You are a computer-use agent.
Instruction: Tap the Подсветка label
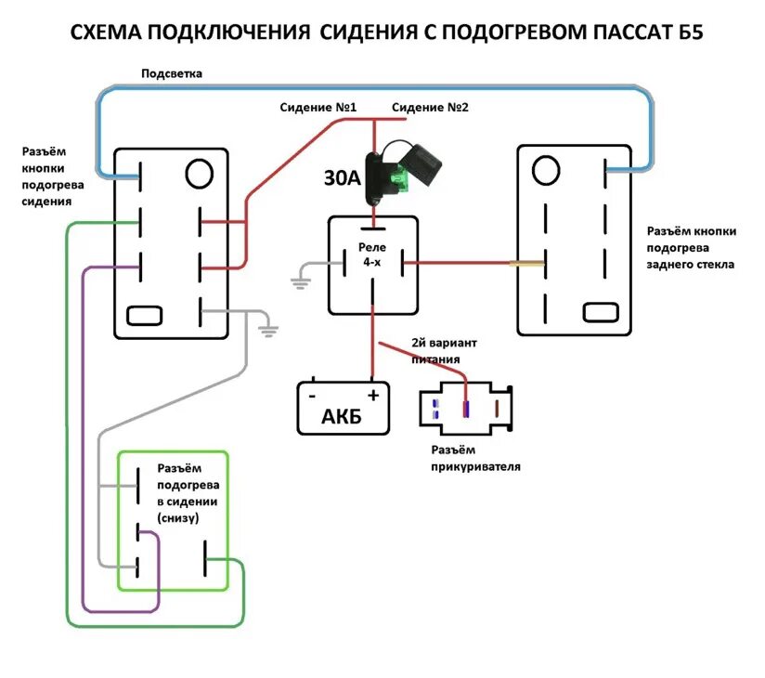[x=172, y=73]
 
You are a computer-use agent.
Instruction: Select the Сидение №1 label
[x=318, y=108]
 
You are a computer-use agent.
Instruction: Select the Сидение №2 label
[x=430, y=108]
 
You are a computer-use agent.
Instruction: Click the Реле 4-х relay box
[x=372, y=264]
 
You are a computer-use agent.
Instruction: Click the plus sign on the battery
[x=373, y=394]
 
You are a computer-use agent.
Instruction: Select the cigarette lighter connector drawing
[x=466, y=409]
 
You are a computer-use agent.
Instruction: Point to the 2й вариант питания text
[x=444, y=350]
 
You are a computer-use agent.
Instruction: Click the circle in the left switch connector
[x=198, y=173]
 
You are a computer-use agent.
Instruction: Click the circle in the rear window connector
[x=545, y=170]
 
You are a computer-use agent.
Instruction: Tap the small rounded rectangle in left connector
[x=142, y=315]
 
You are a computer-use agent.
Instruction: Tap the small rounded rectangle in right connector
[x=600, y=312]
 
